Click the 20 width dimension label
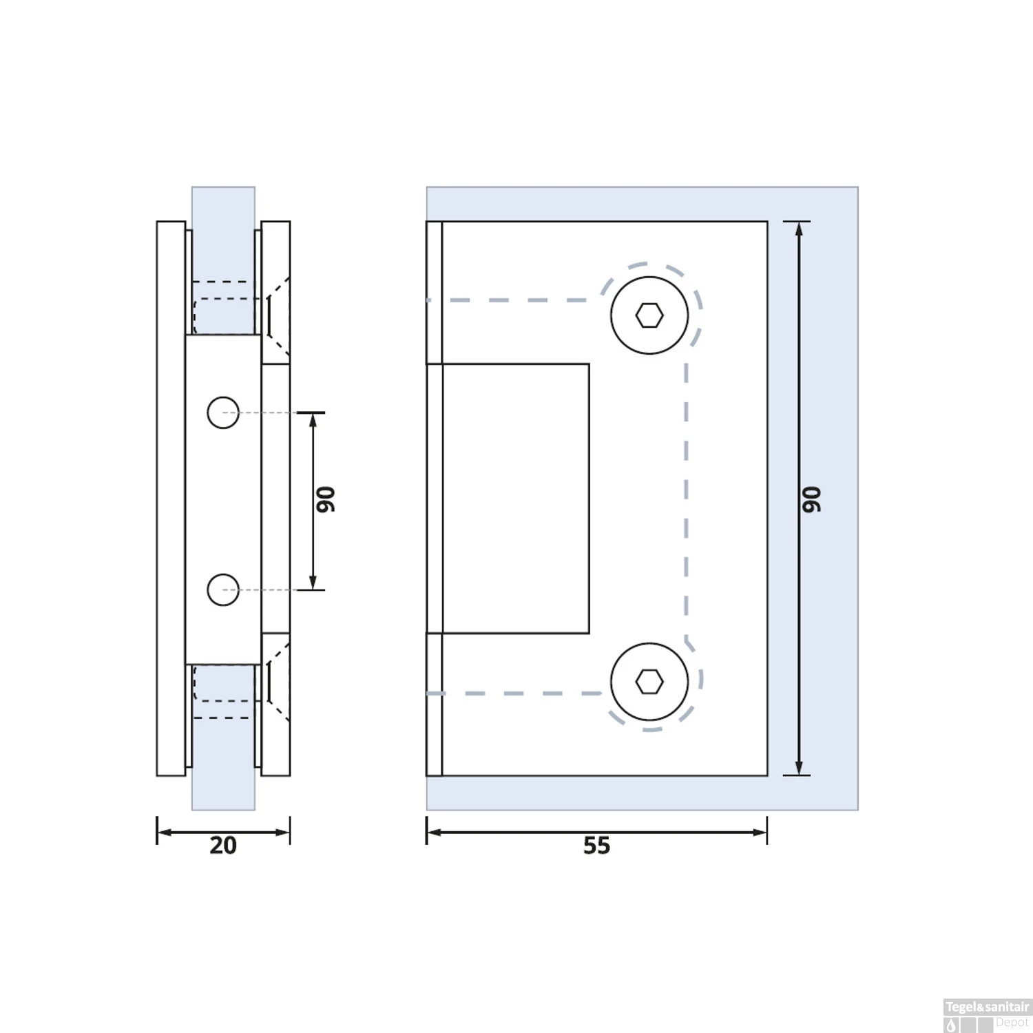[x=223, y=846]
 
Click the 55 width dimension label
[x=596, y=846]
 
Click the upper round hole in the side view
[x=223, y=413]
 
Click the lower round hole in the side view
[x=223, y=589]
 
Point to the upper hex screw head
[x=649, y=315]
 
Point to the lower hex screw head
[x=649, y=682]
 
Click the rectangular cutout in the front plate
[x=515, y=498]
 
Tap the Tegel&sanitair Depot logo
[x=987, y=1015]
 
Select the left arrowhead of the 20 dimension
[x=163, y=832]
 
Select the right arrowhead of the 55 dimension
[x=761, y=832]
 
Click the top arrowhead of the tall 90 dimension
[x=799, y=228]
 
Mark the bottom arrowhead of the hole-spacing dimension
[x=313, y=584]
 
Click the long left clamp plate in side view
[x=171, y=498]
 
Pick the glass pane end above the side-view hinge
[x=223, y=203]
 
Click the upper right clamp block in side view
[x=276, y=292]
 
